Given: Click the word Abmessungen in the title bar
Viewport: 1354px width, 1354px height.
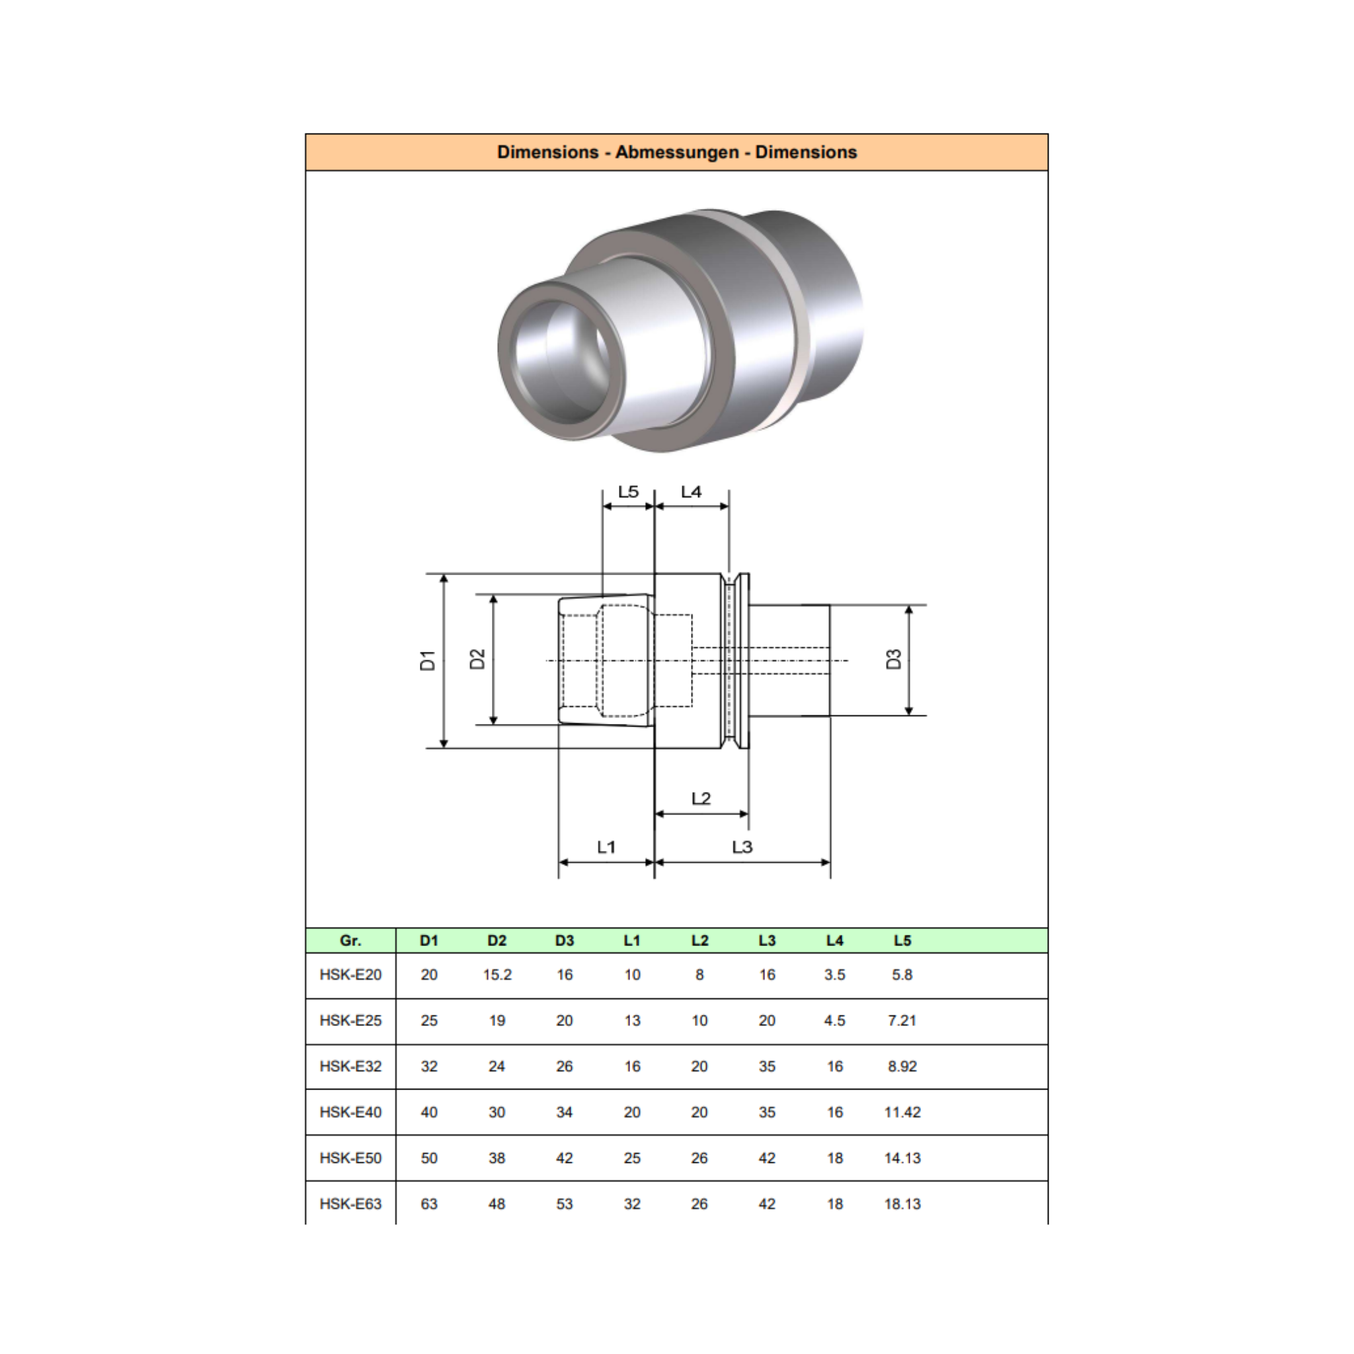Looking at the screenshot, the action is tap(677, 152).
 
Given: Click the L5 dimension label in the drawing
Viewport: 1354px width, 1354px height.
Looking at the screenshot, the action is tap(628, 492).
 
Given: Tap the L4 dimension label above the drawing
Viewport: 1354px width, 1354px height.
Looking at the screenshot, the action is tap(691, 492).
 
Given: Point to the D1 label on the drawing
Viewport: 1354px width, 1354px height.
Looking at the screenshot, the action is tap(428, 660).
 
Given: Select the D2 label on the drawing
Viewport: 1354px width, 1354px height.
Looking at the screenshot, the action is tap(477, 659).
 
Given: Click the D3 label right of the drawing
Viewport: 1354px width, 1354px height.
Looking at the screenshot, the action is tap(894, 659).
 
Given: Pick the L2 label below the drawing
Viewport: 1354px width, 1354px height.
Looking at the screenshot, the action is tap(701, 798).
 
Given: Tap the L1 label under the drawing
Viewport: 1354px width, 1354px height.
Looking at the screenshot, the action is tap(606, 847).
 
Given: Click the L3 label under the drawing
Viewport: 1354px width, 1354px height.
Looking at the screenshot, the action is tap(742, 847).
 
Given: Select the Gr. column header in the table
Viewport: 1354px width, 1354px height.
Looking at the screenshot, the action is tap(350, 941).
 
